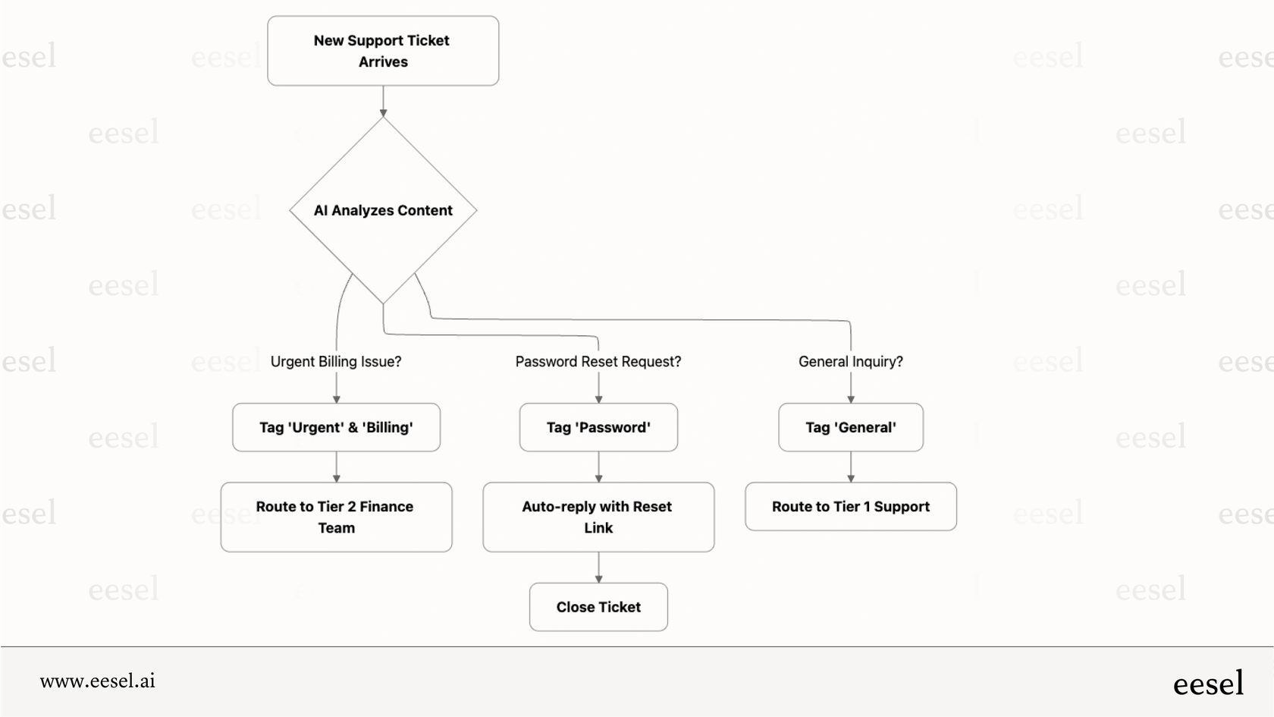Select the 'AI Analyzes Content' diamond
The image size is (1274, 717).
point(383,210)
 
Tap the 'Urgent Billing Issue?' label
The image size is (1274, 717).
point(336,362)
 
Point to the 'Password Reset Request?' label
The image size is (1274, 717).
point(598,362)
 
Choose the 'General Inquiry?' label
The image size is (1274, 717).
point(850,362)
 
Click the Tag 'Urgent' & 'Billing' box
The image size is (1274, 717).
point(336,427)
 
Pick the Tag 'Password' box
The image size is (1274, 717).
point(598,427)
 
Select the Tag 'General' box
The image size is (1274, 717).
point(850,427)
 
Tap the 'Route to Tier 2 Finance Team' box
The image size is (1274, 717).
point(336,517)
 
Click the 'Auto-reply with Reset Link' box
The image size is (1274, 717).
point(598,517)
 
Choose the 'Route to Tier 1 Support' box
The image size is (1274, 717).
point(850,506)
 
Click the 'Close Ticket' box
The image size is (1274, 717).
point(598,607)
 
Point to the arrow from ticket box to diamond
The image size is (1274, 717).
point(383,101)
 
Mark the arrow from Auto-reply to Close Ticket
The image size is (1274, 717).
point(598,567)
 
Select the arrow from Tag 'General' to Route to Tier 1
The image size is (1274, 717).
point(851,467)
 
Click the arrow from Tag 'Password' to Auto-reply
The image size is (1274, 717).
point(598,467)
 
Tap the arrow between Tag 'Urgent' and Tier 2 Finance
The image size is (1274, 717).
point(337,467)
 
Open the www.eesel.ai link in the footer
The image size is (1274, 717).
point(98,681)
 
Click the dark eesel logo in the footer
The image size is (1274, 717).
point(1208,683)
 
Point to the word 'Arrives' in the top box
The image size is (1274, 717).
point(383,62)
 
